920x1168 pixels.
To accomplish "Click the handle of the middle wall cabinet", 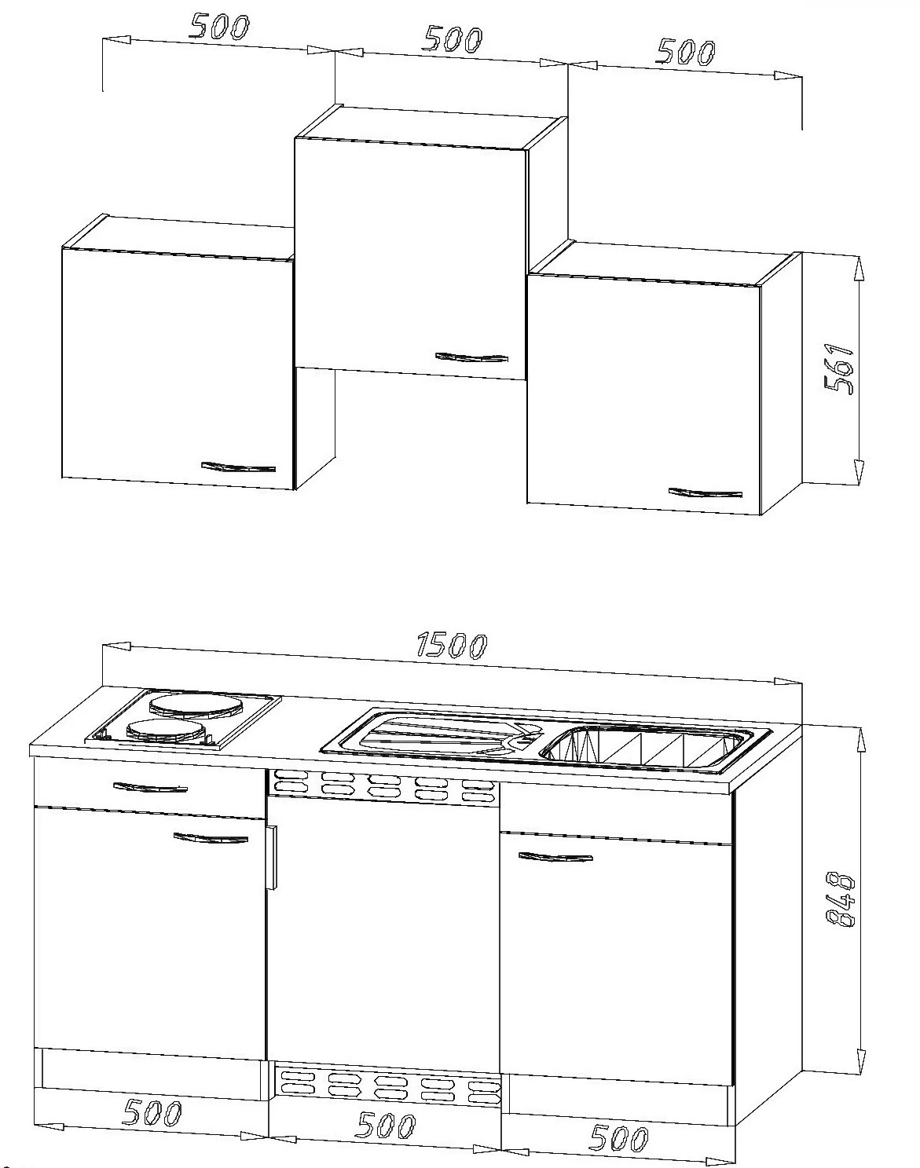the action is pyautogui.click(x=471, y=357).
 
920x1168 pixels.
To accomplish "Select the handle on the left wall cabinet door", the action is pyautogui.click(x=238, y=467).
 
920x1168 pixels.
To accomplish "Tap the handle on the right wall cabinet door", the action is pyautogui.click(x=705, y=492).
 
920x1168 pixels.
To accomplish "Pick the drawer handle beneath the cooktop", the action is pyautogui.click(x=150, y=786).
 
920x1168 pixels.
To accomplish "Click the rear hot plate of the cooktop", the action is pyautogui.click(x=193, y=705).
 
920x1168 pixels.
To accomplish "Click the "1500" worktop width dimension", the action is pyautogui.click(x=452, y=645).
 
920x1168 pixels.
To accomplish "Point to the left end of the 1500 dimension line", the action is pyautogui.click(x=103, y=646).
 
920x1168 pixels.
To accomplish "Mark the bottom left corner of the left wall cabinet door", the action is pyautogui.click(x=62, y=477).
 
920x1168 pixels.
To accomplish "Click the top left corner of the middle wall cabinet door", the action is pyautogui.click(x=295, y=138).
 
